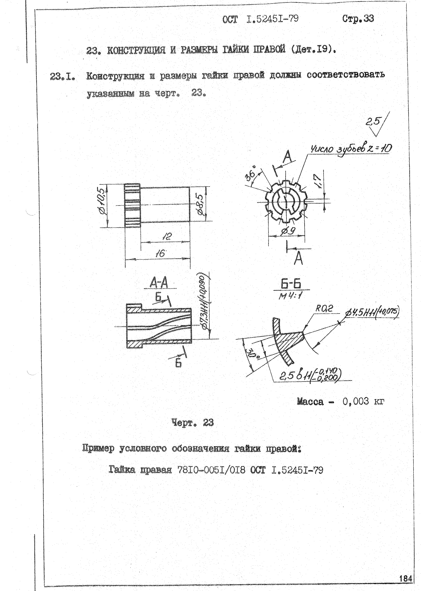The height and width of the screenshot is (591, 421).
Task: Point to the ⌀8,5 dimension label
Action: click(x=201, y=204)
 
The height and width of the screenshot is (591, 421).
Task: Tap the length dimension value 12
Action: click(x=167, y=236)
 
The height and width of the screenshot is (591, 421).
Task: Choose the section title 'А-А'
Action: click(x=159, y=283)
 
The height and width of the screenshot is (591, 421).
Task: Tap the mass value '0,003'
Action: click(x=355, y=401)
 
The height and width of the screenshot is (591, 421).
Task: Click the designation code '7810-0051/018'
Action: click(x=211, y=470)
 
